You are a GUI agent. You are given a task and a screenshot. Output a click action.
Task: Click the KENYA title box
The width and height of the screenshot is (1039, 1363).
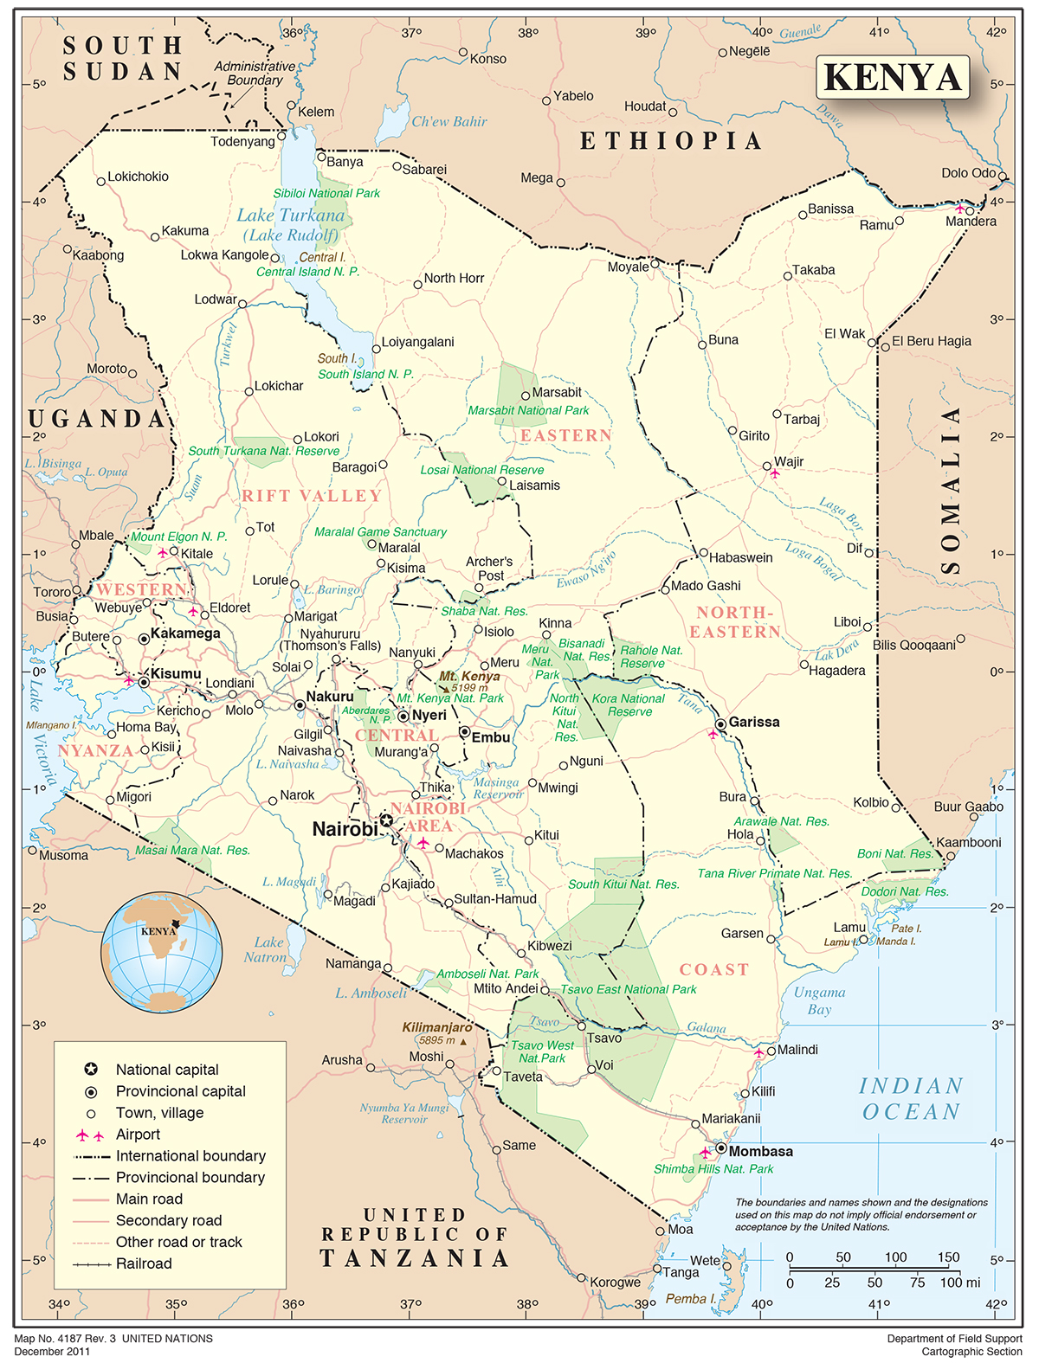click(893, 77)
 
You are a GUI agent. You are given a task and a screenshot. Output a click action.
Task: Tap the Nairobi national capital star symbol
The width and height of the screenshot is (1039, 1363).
click(386, 820)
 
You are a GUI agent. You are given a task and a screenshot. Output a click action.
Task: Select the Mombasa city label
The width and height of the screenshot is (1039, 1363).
click(760, 1151)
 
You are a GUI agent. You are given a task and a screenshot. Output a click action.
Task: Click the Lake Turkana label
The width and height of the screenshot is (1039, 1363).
click(291, 215)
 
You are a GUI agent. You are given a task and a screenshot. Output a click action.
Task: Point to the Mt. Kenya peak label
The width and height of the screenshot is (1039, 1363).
click(469, 676)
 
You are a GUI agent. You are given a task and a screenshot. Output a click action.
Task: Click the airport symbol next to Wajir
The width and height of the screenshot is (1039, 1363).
click(775, 474)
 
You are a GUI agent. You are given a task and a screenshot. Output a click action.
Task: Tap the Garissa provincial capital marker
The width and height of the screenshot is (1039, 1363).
click(720, 723)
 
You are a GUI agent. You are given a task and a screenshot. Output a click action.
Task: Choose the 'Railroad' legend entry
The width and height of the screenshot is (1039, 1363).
click(144, 1263)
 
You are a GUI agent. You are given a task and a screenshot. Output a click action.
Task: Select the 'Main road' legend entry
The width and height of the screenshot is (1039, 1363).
click(149, 1199)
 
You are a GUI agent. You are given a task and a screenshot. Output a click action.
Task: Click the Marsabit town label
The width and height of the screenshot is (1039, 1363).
click(557, 392)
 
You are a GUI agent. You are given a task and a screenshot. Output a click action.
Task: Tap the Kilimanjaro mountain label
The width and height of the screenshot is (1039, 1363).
click(437, 1027)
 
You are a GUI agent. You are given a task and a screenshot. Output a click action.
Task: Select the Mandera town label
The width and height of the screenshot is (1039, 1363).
click(971, 222)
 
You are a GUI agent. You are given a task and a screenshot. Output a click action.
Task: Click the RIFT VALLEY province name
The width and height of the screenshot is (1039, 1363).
click(312, 496)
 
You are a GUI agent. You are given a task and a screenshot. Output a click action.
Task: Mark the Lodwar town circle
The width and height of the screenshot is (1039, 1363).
click(242, 304)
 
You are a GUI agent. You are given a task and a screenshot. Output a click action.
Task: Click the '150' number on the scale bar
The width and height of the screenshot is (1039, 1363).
click(948, 1257)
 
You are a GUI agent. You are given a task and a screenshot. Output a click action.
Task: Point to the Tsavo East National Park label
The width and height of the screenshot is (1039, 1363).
click(629, 989)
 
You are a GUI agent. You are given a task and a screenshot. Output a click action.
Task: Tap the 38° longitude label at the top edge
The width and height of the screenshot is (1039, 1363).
click(528, 33)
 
